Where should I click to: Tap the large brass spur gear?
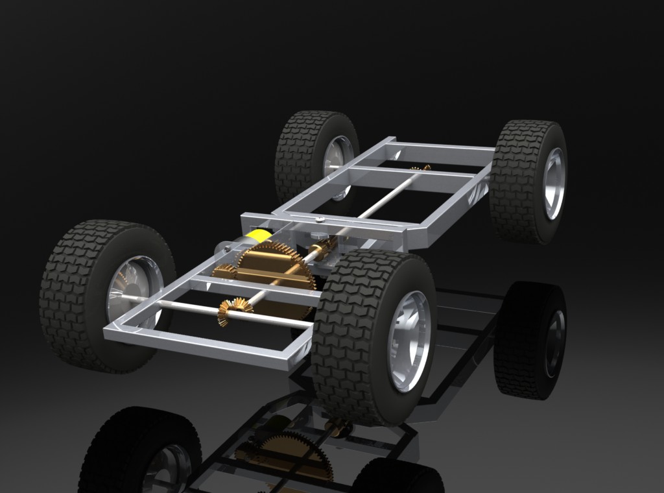click(x=272, y=266)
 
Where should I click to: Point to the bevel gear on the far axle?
click(x=421, y=169)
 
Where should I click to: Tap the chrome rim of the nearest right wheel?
click(x=409, y=340)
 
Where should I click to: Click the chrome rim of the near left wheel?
click(x=133, y=292)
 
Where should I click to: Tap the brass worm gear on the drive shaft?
click(x=321, y=249)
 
